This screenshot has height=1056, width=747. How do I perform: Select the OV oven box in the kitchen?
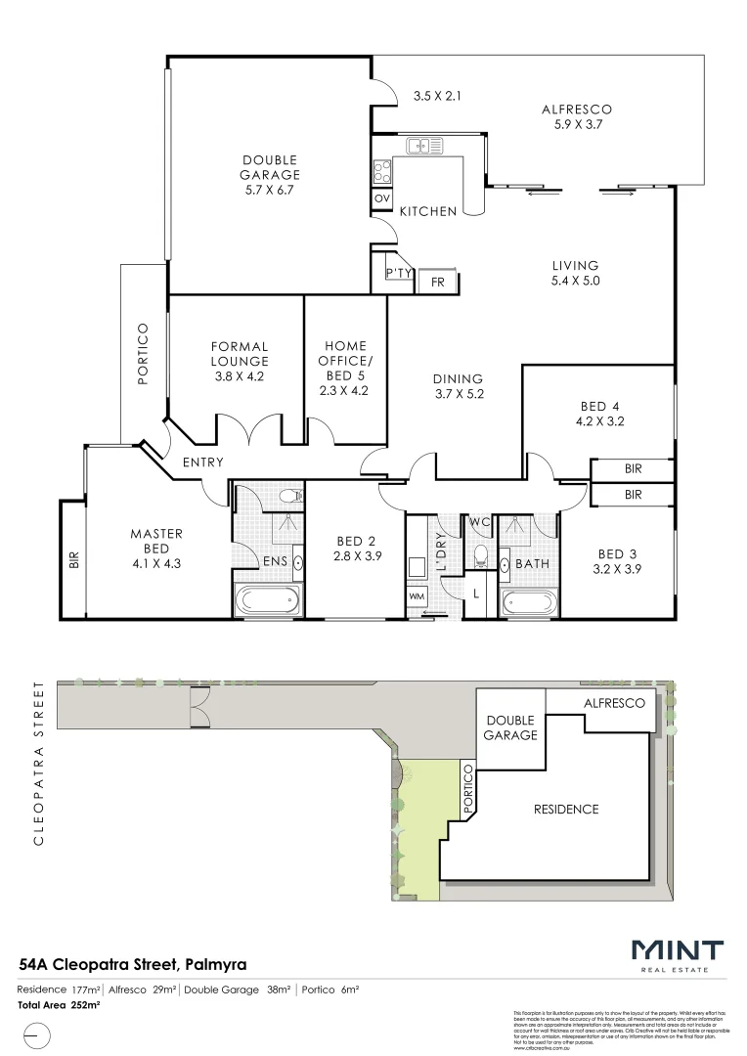click(382, 198)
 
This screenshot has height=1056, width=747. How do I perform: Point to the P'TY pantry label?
click(398, 273)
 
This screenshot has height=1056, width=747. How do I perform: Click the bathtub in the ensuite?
click(267, 600)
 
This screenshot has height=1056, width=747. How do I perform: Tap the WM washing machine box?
click(417, 595)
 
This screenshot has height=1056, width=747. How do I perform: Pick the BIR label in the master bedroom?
click(73, 560)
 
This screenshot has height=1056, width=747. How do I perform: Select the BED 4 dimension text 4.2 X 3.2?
click(601, 422)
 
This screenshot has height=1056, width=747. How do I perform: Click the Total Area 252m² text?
click(60, 1005)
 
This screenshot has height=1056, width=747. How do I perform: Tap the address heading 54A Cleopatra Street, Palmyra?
click(133, 965)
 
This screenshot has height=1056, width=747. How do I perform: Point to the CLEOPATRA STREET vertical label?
click(39, 763)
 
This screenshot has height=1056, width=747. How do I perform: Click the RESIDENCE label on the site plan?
click(565, 809)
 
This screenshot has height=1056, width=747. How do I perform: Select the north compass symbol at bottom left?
click(33, 1034)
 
